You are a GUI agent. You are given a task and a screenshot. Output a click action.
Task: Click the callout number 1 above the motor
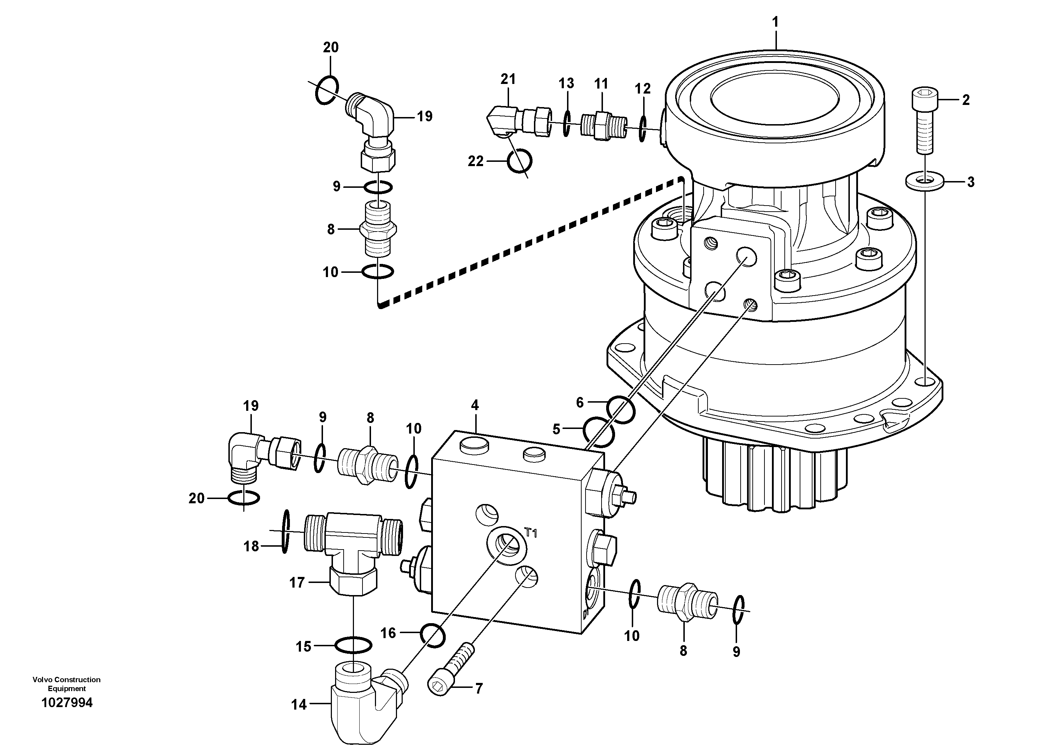click(775, 22)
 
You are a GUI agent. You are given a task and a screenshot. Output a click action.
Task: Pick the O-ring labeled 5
click(599, 432)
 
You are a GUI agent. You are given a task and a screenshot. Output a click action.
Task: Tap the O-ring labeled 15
click(353, 645)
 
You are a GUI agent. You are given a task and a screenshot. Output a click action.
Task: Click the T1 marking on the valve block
click(531, 534)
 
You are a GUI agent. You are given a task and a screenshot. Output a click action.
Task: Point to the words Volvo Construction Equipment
click(67, 684)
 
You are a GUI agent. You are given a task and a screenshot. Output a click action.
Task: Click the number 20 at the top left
click(331, 48)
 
